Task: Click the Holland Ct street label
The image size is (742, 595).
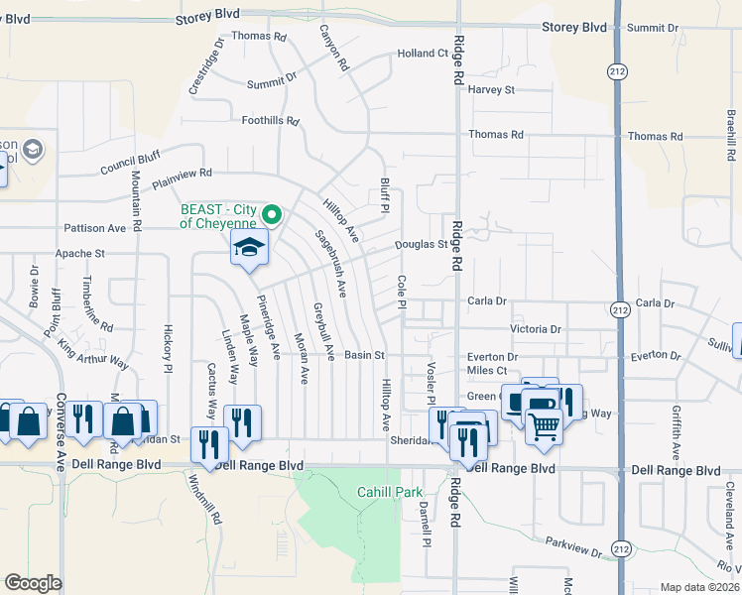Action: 423,54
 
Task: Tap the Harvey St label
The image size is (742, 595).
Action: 492,89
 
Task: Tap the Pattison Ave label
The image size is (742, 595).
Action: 95,228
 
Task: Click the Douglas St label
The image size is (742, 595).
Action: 422,244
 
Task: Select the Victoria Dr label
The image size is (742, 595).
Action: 536,329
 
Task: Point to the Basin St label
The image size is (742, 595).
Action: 364,355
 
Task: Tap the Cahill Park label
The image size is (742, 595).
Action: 390,492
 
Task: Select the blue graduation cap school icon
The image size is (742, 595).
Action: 249,249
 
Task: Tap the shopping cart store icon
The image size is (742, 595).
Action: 544,426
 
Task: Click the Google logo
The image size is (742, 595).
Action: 34,583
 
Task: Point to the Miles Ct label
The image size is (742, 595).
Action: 486,371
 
